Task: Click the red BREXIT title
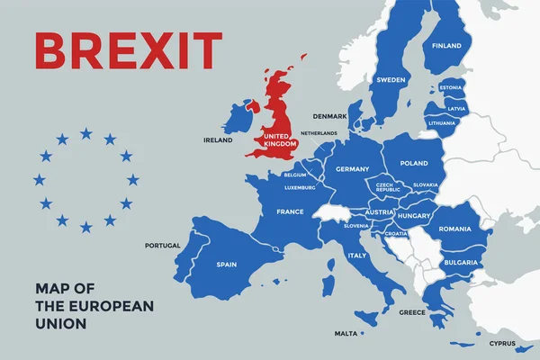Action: (x=128, y=51)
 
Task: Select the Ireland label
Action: (x=218, y=140)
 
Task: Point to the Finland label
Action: (x=446, y=46)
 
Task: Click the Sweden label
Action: (x=390, y=79)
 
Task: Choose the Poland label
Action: (x=414, y=164)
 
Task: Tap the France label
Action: (x=289, y=211)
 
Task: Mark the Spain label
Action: (x=227, y=265)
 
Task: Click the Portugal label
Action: (x=163, y=245)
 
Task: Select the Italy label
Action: (x=357, y=256)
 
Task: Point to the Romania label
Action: (x=454, y=229)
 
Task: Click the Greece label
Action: (x=412, y=313)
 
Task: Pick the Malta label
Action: (x=346, y=333)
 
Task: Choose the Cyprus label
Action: (x=502, y=343)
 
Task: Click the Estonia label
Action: (x=452, y=87)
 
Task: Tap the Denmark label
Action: (x=329, y=116)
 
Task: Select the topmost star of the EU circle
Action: (x=85, y=133)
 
